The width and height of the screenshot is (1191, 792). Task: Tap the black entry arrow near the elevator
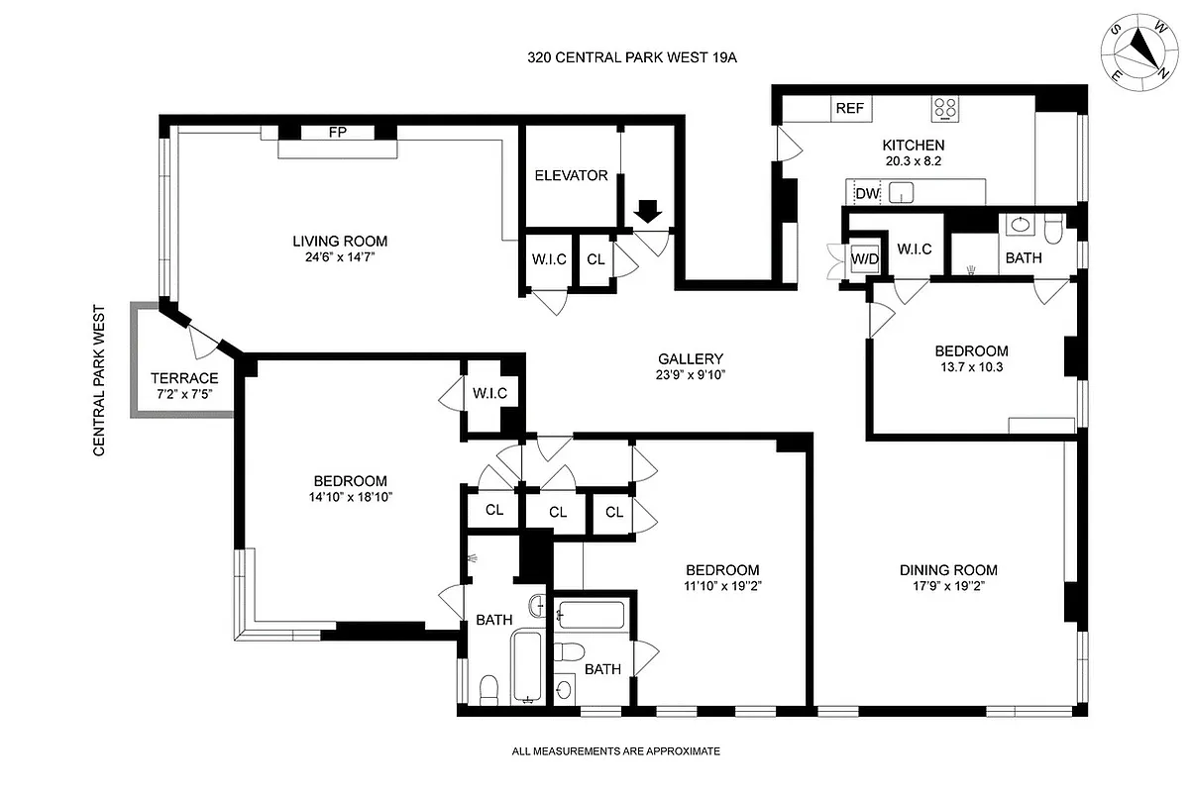pos(648,211)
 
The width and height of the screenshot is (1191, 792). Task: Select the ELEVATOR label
pos(571,176)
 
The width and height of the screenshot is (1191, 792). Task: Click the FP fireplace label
pos(338,133)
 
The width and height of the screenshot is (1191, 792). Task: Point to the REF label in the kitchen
pos(849,109)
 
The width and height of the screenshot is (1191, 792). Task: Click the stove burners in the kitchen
pos(945,108)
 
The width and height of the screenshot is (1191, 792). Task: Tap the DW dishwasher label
pos(867,194)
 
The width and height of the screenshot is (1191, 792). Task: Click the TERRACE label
pos(184,378)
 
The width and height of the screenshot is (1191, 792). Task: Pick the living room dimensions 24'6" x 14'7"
pos(339,257)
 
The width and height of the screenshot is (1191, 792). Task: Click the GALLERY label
pos(691,359)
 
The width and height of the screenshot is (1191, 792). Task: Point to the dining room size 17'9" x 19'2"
pos(948,585)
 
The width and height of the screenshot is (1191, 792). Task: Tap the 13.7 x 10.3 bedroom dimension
pos(971,367)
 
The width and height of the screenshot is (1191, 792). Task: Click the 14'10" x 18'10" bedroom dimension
pos(347,498)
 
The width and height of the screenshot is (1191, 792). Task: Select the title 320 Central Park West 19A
pos(633,58)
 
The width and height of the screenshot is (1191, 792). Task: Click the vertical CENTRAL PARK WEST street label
pos(99,379)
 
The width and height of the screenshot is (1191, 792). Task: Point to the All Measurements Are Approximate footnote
pos(615,751)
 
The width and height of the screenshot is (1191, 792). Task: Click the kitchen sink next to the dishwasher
pos(902,192)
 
